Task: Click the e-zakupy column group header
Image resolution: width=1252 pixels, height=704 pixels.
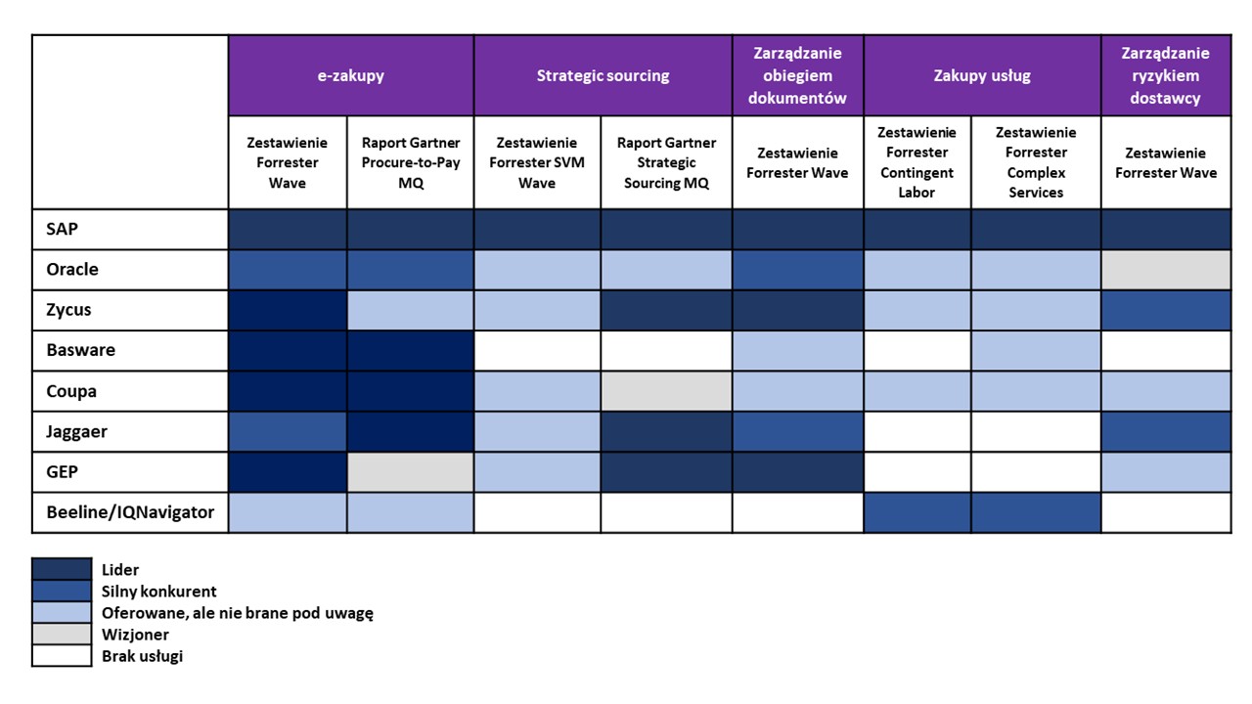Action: [351, 75]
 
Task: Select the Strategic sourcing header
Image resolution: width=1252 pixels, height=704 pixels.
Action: [604, 75]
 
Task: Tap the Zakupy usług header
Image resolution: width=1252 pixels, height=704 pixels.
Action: [982, 75]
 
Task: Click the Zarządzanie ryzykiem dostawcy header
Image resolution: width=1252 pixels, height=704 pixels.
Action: [1166, 75]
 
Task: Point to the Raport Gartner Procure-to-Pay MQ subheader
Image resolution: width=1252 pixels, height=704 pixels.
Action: [410, 162]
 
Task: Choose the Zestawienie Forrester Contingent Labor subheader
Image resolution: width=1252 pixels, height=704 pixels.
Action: [917, 162]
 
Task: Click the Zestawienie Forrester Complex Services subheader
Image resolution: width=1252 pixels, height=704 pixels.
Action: [1036, 162]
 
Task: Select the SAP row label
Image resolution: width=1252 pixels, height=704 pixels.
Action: [62, 229]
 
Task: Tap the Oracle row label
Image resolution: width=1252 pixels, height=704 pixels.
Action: [72, 269]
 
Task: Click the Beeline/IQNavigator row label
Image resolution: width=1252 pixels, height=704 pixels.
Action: [130, 512]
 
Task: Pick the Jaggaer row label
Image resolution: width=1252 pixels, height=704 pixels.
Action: [76, 432]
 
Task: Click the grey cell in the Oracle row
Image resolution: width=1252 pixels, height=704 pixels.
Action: [1166, 269]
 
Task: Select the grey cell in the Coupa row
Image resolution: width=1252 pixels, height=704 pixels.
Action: [666, 391]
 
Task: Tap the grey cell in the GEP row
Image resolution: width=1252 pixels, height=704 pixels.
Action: [410, 472]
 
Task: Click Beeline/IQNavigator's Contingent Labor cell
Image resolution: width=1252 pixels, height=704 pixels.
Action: [917, 512]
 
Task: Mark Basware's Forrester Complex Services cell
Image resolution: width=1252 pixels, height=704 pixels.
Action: [1036, 350]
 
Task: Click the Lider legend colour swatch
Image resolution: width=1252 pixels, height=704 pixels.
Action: [62, 569]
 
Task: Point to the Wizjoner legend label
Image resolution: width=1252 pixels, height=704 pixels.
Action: [135, 635]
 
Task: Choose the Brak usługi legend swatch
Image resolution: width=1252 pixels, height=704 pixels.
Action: [62, 656]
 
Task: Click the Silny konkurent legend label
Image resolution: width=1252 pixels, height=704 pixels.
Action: [158, 592]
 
